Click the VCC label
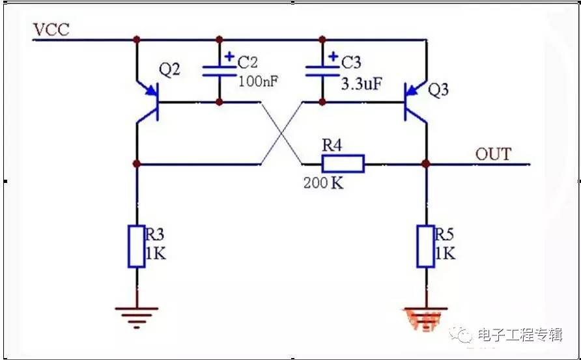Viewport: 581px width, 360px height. click(x=51, y=29)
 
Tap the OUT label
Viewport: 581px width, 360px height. click(x=493, y=154)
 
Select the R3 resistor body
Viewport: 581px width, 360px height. click(x=137, y=245)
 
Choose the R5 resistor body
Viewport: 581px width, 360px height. click(x=426, y=245)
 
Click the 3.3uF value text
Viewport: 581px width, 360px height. click(x=361, y=84)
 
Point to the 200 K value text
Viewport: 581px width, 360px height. click(x=323, y=183)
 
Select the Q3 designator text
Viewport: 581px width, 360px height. click(x=438, y=90)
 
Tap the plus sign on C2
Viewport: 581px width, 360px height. click(x=229, y=57)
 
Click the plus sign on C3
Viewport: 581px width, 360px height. click(x=333, y=57)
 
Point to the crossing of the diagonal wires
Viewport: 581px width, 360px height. click(x=281, y=133)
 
